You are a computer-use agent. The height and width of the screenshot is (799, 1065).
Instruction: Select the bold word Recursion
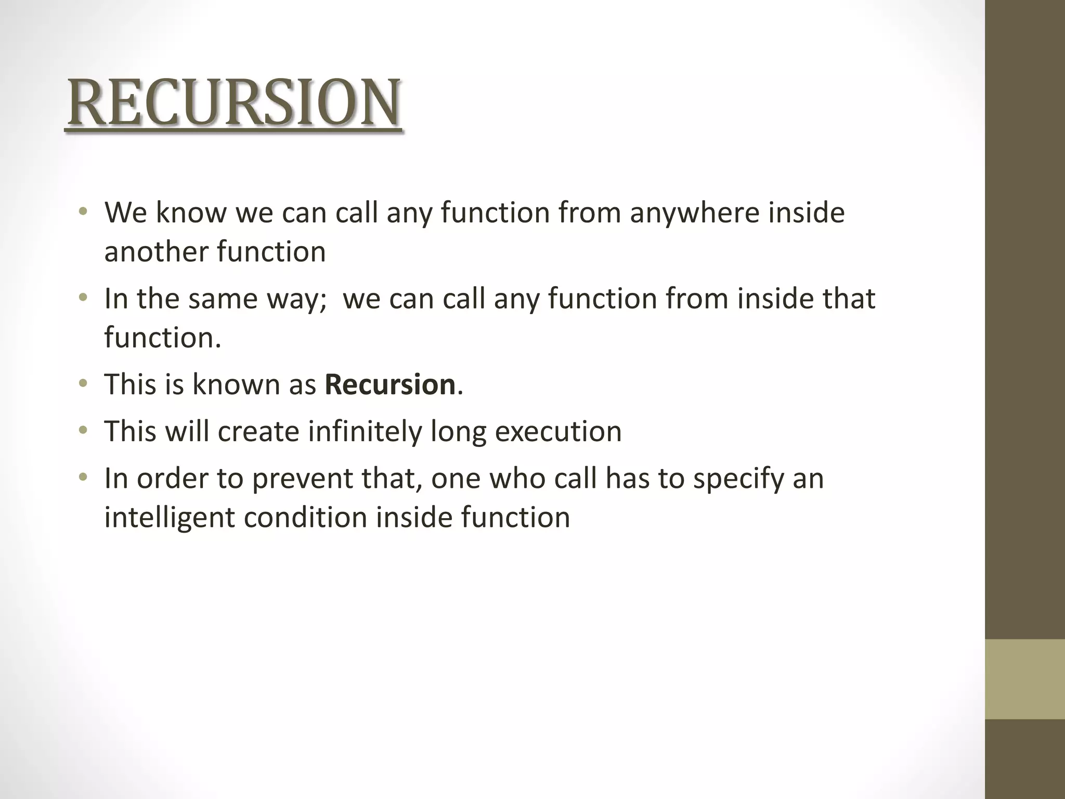click(x=390, y=384)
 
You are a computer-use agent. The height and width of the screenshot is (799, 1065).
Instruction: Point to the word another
click(x=155, y=252)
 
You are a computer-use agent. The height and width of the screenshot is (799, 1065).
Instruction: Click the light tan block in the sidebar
click(x=1024, y=679)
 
